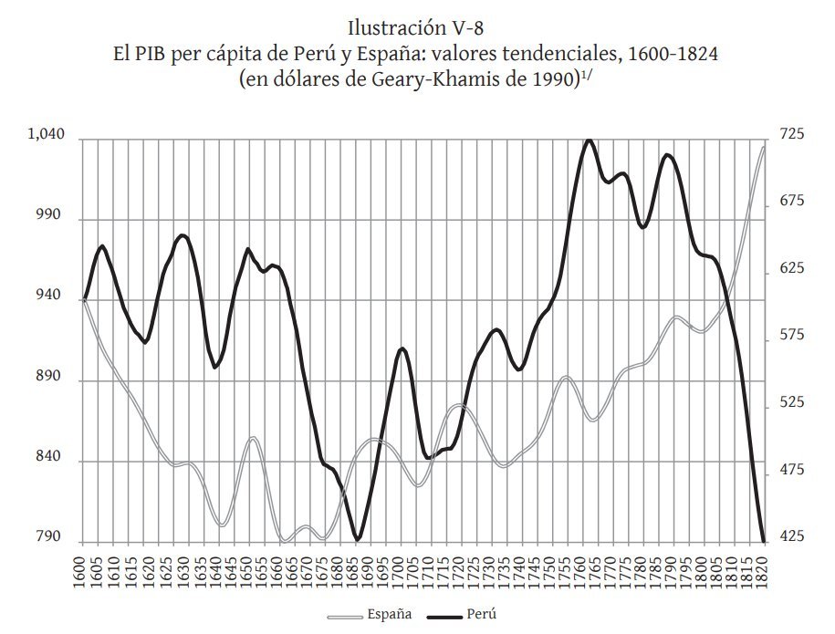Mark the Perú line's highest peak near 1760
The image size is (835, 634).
pyautogui.click(x=589, y=140)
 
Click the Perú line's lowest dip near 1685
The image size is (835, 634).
pyautogui.click(x=358, y=540)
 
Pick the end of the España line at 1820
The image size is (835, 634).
pyautogui.click(x=763, y=146)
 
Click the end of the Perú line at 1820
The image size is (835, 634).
pyautogui.click(x=763, y=541)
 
